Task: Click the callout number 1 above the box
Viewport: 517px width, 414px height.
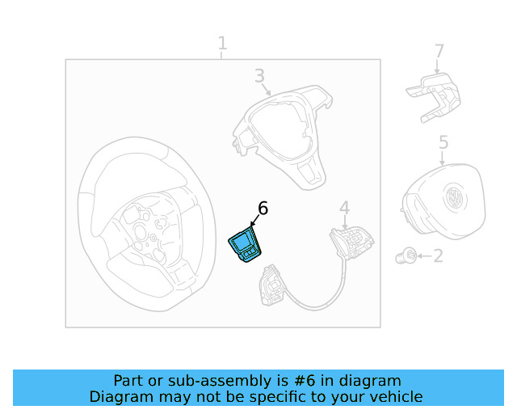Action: point(222,43)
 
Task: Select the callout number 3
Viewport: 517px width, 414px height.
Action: point(259,76)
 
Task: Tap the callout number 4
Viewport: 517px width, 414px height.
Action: point(344,209)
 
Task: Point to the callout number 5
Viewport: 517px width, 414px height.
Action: point(443,143)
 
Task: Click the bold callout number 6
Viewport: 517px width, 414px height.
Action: point(262,209)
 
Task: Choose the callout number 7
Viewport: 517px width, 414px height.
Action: point(439,52)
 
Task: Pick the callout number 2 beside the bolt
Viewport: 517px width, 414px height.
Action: point(438,256)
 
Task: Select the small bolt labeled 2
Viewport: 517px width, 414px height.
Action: point(406,257)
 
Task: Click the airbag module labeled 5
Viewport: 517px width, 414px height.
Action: point(440,206)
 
